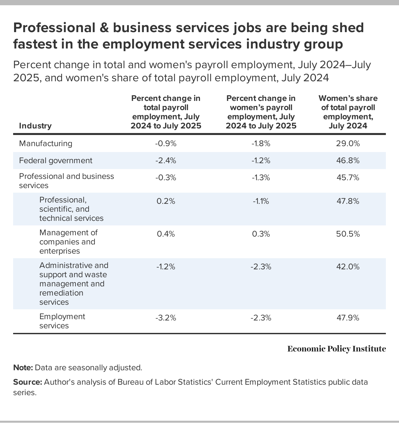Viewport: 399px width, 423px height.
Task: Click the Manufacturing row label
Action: (x=46, y=144)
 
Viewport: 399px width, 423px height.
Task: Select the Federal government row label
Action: (x=56, y=161)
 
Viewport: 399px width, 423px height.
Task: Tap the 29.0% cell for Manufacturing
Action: (x=348, y=144)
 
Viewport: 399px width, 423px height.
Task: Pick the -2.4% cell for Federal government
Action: (x=166, y=161)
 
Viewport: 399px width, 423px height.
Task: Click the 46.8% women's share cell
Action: (x=348, y=161)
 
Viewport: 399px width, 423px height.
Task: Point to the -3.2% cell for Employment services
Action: (x=166, y=317)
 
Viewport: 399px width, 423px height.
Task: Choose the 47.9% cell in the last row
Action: (x=348, y=317)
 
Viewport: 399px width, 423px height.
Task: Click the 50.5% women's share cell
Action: (x=348, y=234)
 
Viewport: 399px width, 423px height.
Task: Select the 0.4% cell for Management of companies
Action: (x=166, y=234)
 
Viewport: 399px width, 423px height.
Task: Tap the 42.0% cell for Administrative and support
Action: (x=348, y=267)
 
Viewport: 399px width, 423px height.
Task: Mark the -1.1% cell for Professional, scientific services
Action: (x=261, y=201)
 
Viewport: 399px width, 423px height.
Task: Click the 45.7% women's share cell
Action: (x=348, y=178)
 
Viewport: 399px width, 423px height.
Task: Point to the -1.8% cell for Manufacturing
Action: (x=261, y=144)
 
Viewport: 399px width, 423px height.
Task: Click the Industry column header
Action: (x=35, y=126)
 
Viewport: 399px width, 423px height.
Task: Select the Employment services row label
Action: (x=62, y=321)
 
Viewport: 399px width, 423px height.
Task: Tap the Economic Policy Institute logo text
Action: (x=337, y=349)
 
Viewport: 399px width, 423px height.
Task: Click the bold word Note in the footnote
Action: (x=23, y=368)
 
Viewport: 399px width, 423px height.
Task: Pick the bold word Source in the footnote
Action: (x=28, y=382)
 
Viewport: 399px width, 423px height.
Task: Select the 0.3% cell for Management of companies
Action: (x=261, y=234)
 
